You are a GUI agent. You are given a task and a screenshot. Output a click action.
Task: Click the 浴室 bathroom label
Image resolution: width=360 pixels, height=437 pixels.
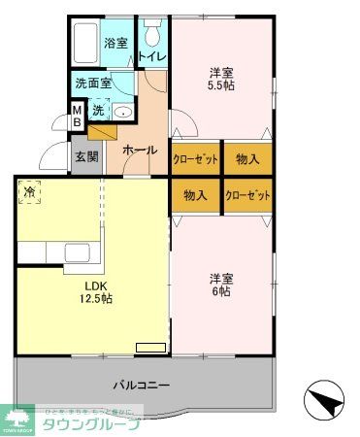coord(116,43)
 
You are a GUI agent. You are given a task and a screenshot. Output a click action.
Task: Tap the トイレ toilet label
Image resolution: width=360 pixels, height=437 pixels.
coord(152,56)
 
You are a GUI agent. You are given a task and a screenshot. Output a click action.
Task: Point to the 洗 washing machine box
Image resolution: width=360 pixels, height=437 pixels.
coord(98,110)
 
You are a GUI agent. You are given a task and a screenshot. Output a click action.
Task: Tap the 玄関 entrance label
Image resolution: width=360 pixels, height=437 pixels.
coord(85,156)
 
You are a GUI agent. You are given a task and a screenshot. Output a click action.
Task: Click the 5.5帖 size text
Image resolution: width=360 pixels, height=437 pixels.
coord(221,85)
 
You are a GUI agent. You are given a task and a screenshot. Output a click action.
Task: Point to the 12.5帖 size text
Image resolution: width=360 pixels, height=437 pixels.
coord(96,300)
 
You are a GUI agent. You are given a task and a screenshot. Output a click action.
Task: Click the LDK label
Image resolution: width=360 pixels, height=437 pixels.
coord(95,286)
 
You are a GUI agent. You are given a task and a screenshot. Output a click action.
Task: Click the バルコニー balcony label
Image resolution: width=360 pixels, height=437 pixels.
coord(134,385)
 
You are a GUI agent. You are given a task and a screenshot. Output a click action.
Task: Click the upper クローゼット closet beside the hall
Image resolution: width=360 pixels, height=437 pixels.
coord(196,157)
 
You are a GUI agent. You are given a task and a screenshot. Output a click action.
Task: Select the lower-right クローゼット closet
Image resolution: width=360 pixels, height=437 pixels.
coord(247,194)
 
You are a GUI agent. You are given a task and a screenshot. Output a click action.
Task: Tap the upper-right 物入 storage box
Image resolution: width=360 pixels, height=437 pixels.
coord(247,157)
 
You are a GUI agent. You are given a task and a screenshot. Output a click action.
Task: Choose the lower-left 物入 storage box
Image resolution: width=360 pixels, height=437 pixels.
coord(196,194)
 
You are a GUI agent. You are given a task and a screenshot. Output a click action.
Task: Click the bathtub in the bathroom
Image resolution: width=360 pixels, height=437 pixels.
coord(84,44)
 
